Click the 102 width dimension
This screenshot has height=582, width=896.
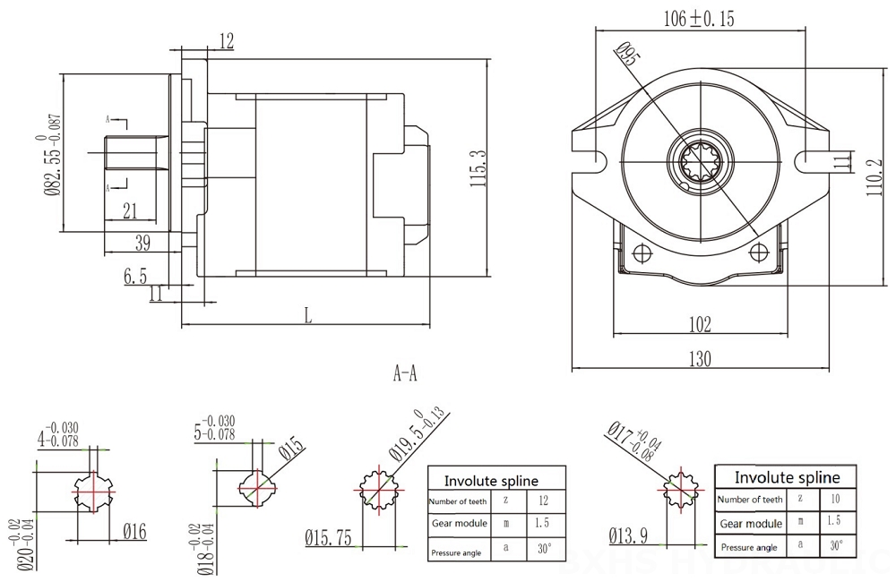click(700, 323)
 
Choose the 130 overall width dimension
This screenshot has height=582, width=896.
click(700, 358)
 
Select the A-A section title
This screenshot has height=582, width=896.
click(405, 373)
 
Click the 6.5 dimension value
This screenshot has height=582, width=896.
click(135, 278)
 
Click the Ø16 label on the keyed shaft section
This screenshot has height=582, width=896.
click(134, 532)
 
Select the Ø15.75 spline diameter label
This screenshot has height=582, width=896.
click(327, 537)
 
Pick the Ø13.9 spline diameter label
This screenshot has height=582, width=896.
click(629, 536)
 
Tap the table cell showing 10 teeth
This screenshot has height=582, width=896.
click(834, 498)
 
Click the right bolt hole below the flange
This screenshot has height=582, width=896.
click(760, 250)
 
